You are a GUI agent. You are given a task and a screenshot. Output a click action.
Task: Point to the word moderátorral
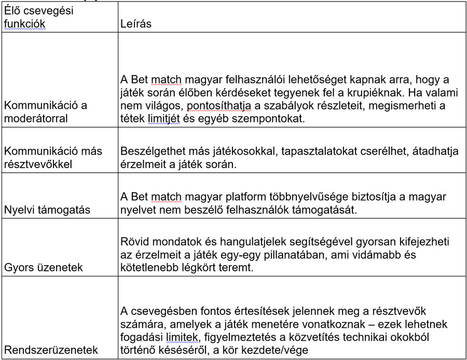[37, 118]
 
